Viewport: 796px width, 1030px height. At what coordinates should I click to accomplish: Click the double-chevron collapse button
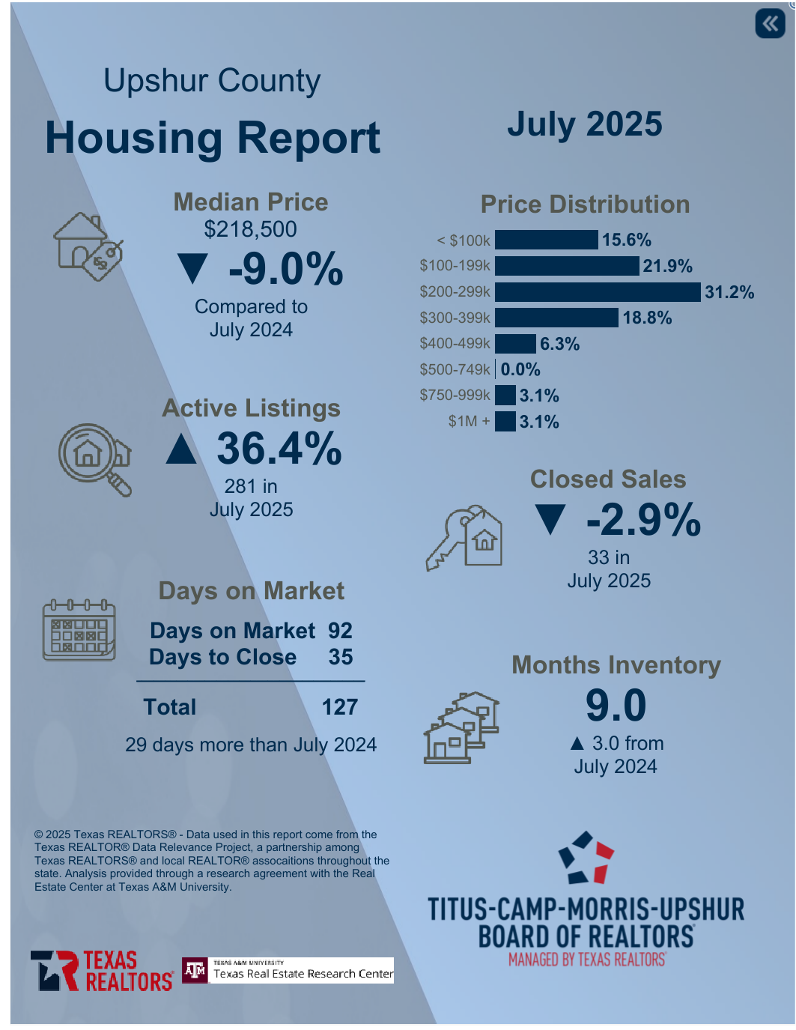pos(770,24)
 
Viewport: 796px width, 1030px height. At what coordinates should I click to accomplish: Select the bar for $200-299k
pos(598,292)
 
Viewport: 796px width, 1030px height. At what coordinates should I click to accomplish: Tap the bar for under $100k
pos(547,240)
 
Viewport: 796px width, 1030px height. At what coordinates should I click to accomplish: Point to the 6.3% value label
pos(560,344)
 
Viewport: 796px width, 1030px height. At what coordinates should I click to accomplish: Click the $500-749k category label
pos(455,370)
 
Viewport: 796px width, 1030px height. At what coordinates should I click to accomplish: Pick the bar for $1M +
pos(505,422)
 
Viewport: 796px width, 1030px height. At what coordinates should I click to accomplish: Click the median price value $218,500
pos(251,229)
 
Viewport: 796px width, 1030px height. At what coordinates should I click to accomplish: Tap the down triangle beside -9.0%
pos(192,269)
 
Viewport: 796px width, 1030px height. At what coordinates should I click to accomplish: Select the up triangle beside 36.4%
pos(181,449)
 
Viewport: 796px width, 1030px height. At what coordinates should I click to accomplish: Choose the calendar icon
pos(79,630)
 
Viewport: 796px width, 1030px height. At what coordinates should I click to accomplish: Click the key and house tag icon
pos(465,538)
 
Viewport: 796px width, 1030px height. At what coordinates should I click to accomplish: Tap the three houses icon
pos(461,727)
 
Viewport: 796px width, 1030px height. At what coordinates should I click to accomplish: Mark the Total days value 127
pos(340,707)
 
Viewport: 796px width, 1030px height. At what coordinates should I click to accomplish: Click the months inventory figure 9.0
pos(616,706)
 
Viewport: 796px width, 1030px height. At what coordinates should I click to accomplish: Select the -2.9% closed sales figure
pos(643,520)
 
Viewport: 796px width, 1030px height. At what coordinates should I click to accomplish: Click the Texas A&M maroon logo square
pos(195,971)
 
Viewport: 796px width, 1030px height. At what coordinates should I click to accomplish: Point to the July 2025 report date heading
pos(585,124)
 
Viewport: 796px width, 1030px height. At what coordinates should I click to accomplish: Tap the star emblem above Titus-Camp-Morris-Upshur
pos(586,858)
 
